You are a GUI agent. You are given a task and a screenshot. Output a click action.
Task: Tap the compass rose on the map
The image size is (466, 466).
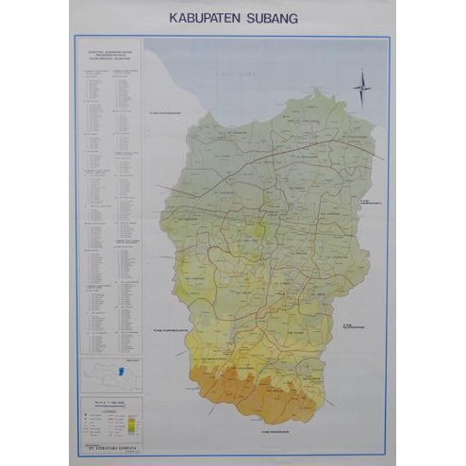pyautogui.click(x=362, y=91)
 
